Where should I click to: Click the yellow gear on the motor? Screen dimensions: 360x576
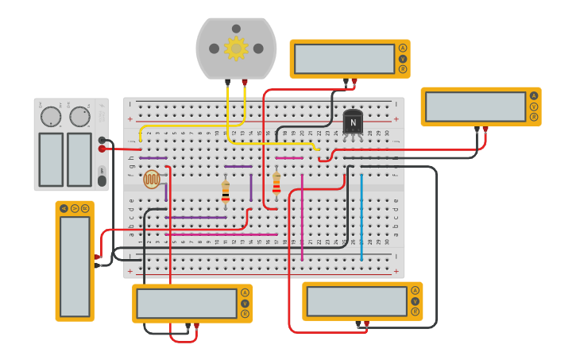[236, 48]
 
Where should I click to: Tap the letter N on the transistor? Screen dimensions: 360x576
[354, 122]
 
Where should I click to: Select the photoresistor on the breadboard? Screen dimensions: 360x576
[152, 179]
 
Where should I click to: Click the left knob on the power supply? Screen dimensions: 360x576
[51, 117]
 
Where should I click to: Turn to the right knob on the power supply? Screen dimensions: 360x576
[79, 117]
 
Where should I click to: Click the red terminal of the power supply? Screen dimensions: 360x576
[102, 149]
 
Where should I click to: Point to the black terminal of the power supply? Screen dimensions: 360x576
[102, 140]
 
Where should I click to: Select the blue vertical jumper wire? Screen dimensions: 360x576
[361, 216]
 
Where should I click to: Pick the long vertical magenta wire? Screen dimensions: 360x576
[302, 216]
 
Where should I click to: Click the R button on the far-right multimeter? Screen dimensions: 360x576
[534, 117]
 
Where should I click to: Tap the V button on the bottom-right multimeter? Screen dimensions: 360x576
[415, 301]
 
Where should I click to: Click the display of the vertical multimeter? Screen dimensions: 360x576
[75, 266]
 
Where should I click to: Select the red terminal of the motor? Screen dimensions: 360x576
[245, 82]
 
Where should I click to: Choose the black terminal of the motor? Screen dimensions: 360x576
[228, 82]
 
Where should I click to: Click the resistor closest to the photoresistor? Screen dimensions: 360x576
[226, 192]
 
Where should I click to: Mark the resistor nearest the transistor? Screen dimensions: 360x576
[276, 184]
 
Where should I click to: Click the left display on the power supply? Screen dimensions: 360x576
[51, 159]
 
